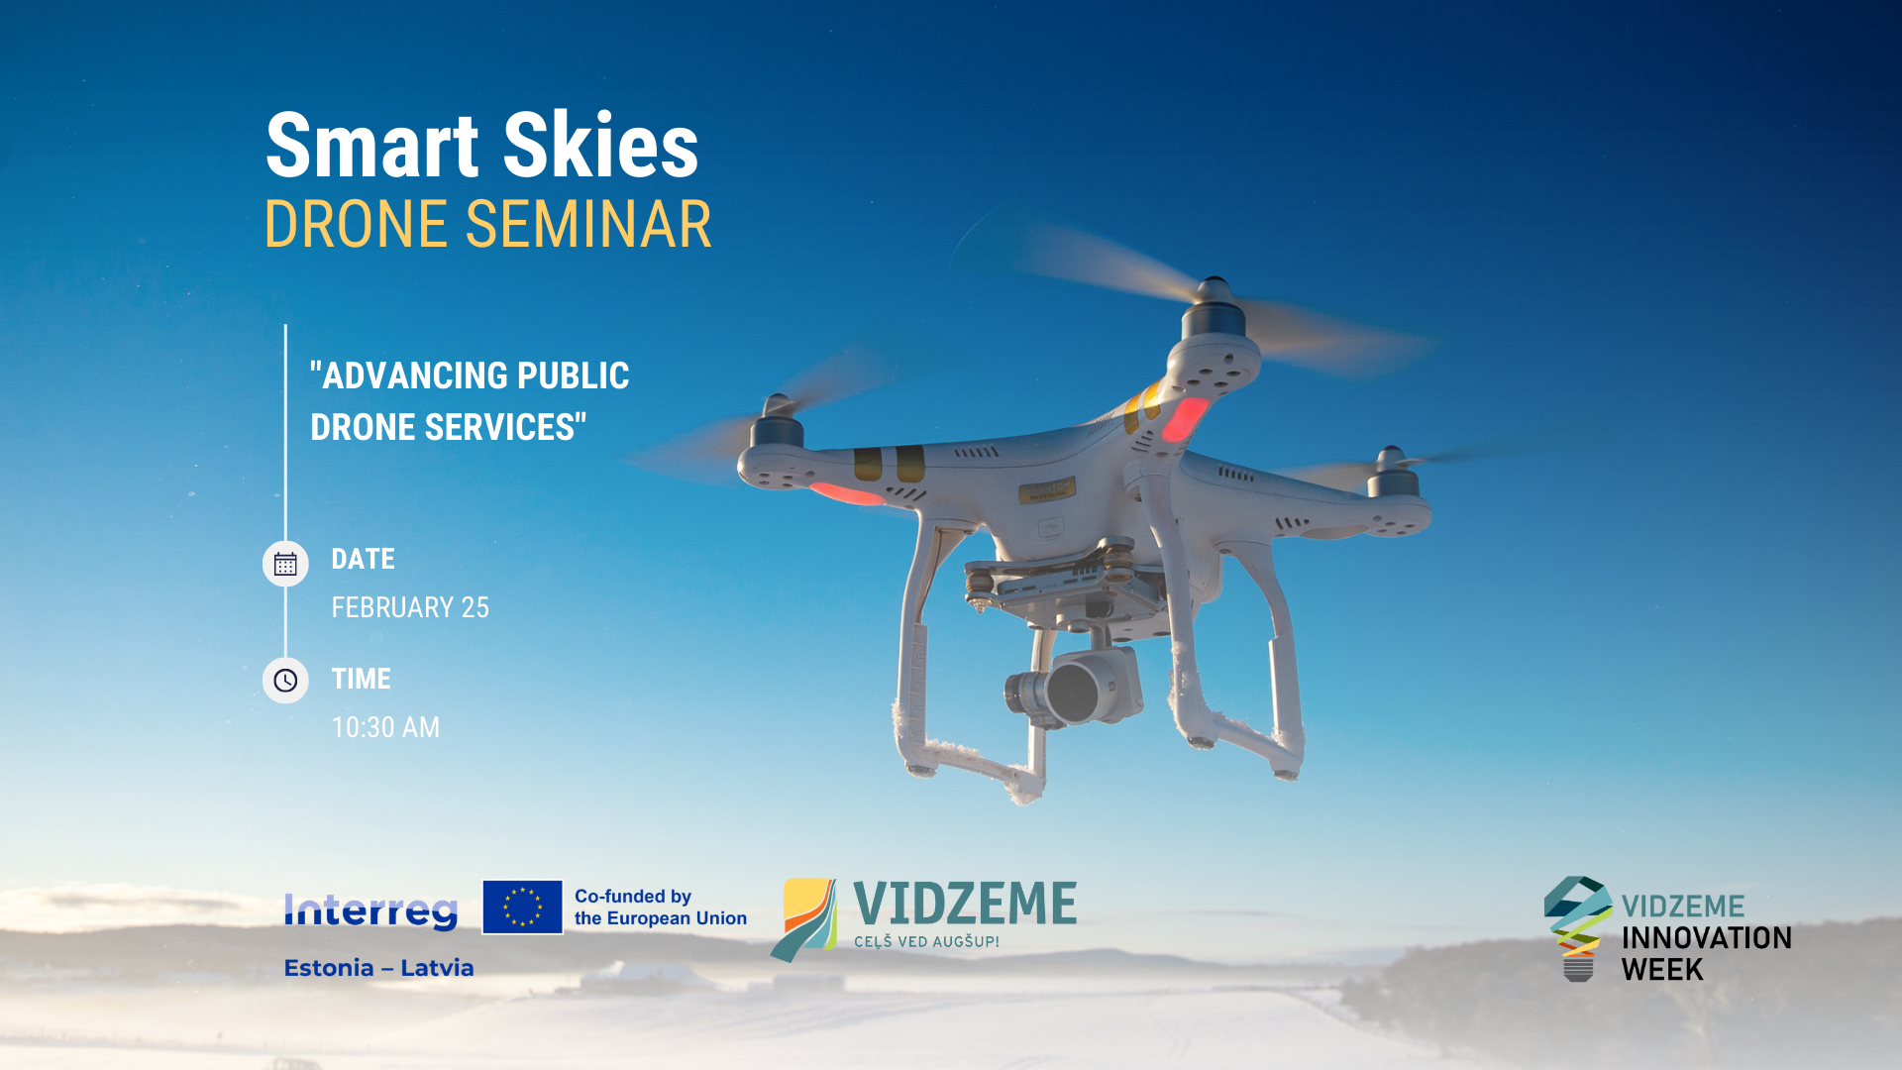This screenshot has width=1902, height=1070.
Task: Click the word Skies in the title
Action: point(600,145)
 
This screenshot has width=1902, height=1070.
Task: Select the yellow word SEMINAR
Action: point(588,224)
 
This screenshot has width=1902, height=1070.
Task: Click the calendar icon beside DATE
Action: point(285,564)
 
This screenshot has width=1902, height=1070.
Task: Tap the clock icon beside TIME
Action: point(285,681)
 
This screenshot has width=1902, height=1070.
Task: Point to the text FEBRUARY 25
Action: point(410,607)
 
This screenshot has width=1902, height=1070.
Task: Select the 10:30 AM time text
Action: point(385,727)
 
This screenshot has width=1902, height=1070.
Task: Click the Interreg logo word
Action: point(370,910)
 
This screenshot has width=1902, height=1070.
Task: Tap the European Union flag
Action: point(522,907)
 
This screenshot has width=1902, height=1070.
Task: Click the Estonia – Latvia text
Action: point(378,968)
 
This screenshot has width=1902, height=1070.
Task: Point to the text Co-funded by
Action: point(633,897)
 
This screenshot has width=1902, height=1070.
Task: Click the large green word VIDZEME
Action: point(965,904)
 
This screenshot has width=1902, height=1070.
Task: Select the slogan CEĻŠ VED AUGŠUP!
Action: point(926,941)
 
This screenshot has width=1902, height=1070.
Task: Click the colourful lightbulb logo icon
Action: point(1578,928)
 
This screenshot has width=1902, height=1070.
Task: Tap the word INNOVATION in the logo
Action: point(1706,938)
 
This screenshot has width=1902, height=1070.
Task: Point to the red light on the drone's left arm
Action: point(846,492)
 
